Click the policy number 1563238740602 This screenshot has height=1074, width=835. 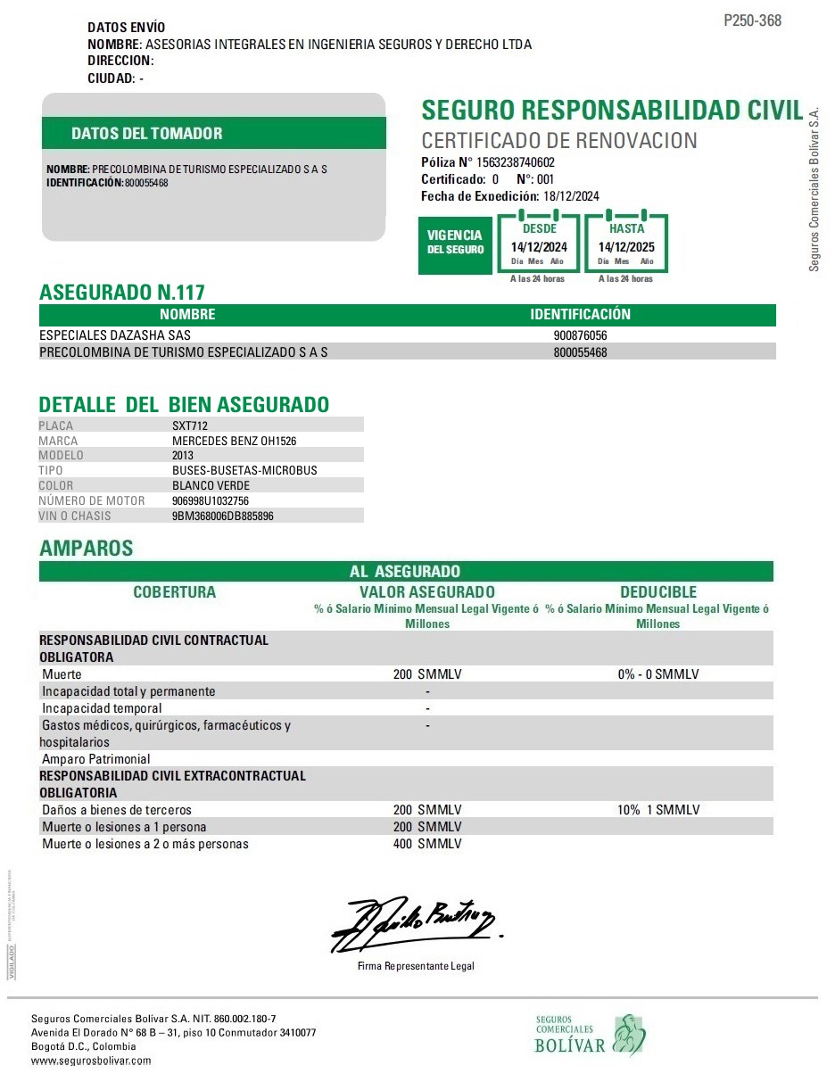(x=516, y=162)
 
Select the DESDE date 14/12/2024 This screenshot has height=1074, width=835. (x=539, y=247)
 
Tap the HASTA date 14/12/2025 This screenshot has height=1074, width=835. (x=626, y=247)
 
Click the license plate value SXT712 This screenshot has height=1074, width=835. (x=191, y=425)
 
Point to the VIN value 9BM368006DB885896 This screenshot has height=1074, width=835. (x=222, y=516)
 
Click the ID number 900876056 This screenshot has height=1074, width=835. (x=580, y=335)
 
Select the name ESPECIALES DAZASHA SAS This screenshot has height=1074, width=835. (x=115, y=335)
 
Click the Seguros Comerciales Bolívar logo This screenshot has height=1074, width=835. (x=590, y=1035)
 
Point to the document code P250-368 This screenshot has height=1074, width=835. (x=752, y=21)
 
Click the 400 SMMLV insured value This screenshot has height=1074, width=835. (x=427, y=844)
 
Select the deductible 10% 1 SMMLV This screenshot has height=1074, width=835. (x=657, y=810)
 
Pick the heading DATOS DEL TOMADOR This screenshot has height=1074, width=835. (x=147, y=134)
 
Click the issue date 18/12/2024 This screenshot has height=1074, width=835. (x=571, y=196)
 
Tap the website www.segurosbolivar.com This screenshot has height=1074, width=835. (x=91, y=1061)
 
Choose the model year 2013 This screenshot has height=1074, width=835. (x=183, y=456)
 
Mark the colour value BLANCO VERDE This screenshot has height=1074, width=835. (x=211, y=485)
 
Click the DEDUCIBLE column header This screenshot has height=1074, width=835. (x=658, y=592)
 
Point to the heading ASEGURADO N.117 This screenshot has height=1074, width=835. (x=122, y=292)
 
